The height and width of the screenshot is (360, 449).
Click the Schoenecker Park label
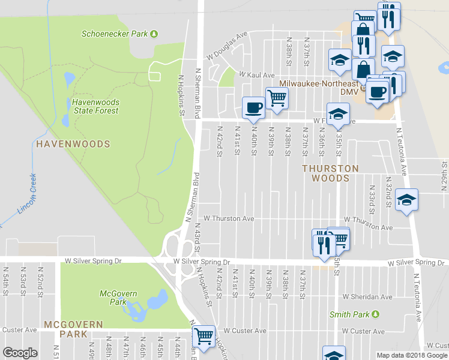(114, 34)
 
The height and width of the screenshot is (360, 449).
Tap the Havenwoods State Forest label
(95, 106)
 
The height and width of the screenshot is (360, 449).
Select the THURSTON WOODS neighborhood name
(330, 173)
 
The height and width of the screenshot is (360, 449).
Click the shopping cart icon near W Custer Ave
(204, 336)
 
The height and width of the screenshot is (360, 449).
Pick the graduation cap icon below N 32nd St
(407, 200)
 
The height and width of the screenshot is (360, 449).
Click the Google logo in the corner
(20, 353)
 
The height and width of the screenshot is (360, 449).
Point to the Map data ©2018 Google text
(411, 355)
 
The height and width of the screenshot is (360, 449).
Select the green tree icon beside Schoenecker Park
(154, 34)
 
